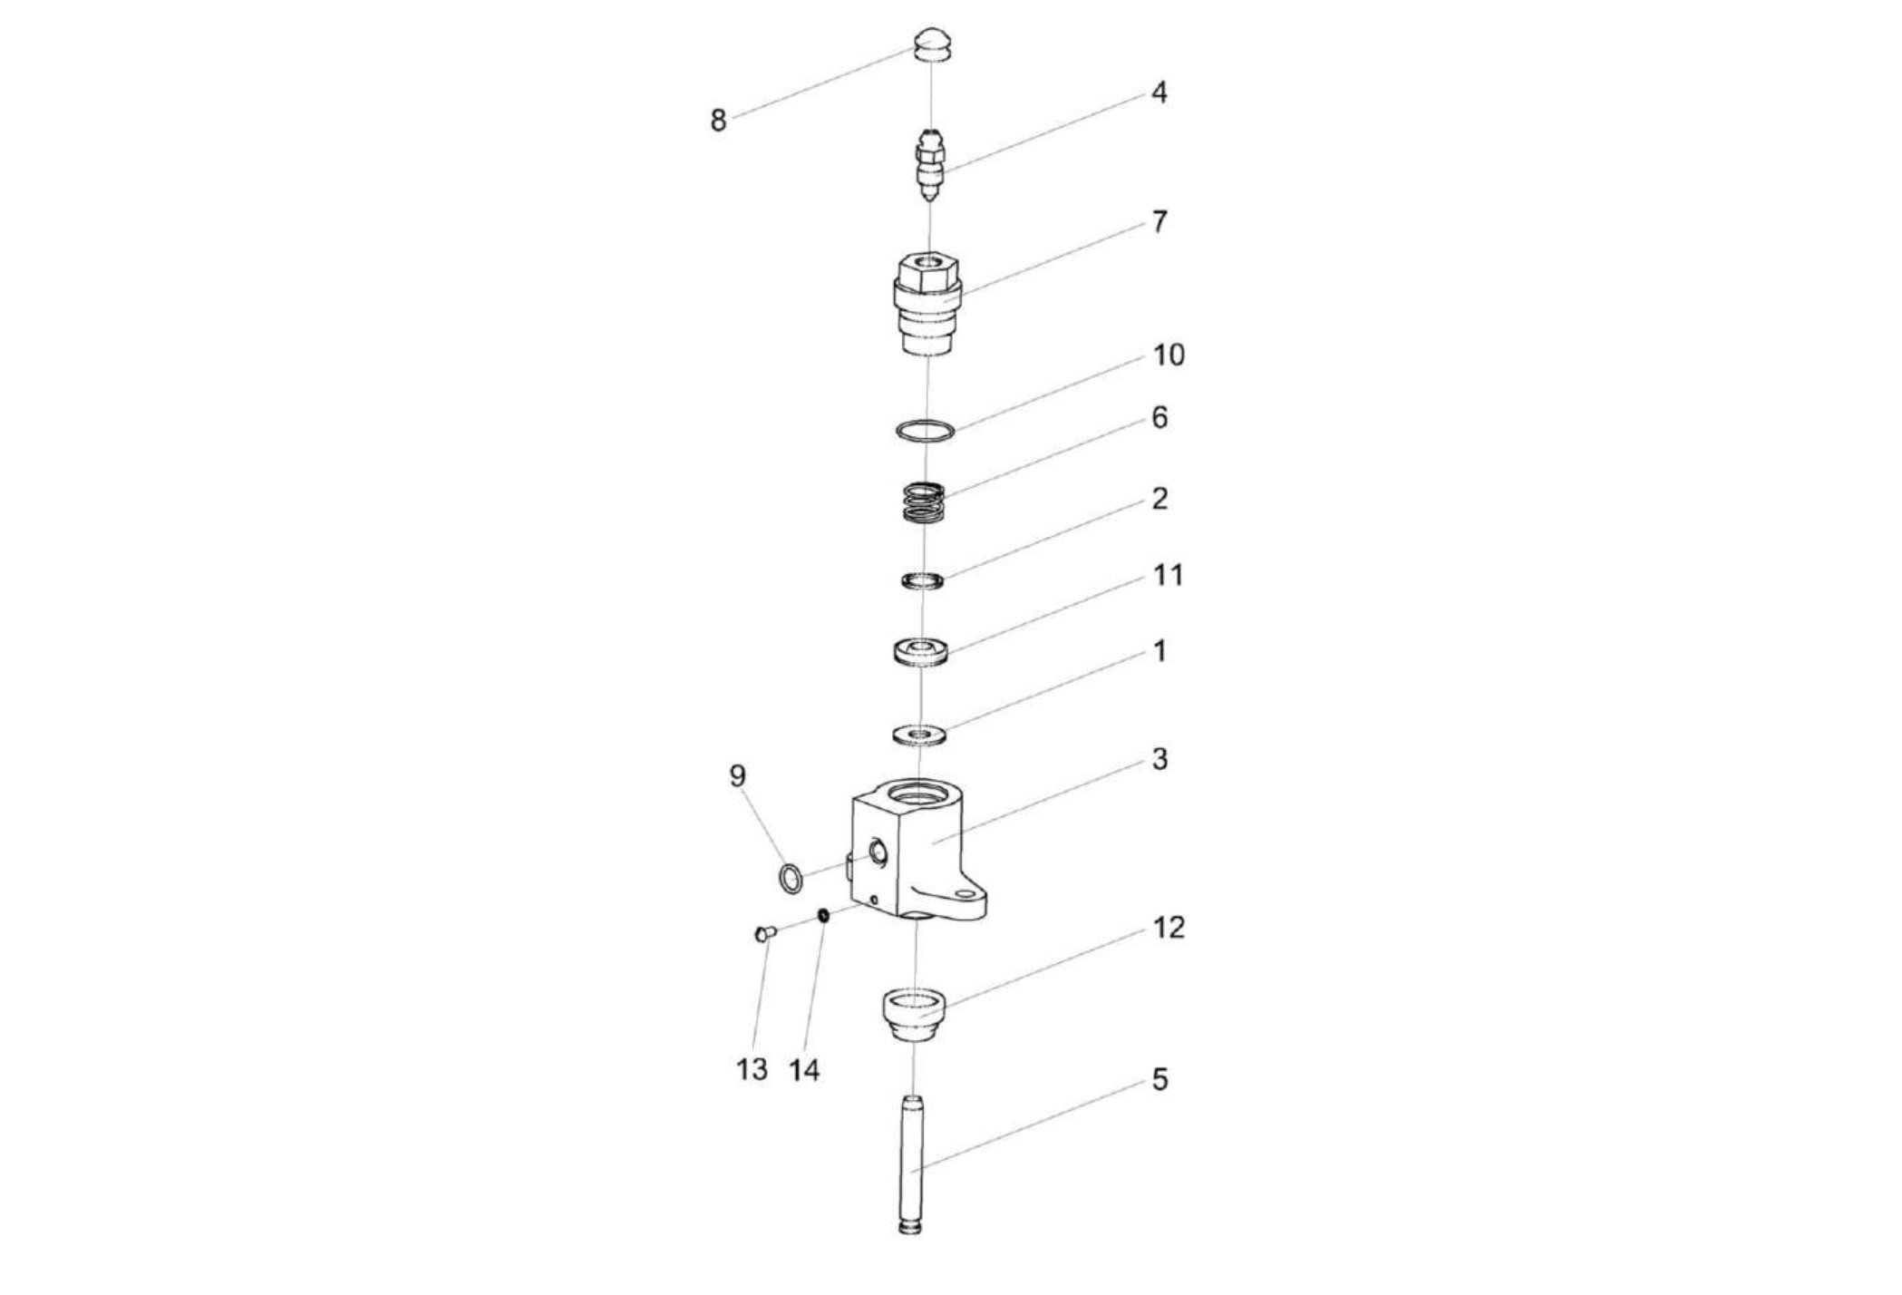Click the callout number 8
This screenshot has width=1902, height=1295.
(718, 121)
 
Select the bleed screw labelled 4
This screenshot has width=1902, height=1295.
(930, 168)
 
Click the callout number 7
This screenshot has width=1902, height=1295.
(1159, 222)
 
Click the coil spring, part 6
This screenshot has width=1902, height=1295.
(924, 502)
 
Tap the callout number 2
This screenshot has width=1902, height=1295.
(1159, 499)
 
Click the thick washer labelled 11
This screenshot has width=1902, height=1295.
(921, 652)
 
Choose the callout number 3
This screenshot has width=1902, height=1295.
(1159, 760)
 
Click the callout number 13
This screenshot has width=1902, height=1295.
(752, 1070)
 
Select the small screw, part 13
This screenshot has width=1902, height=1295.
(763, 933)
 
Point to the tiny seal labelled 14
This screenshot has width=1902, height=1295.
(823, 915)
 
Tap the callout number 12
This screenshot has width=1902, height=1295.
(1168, 928)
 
